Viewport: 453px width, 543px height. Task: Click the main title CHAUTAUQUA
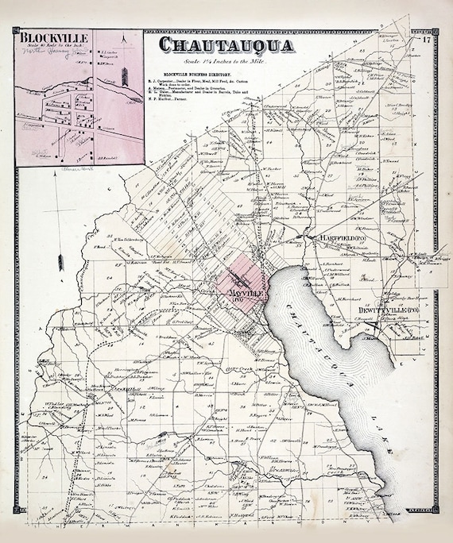(x=226, y=45)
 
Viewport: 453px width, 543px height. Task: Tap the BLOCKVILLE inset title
(x=52, y=37)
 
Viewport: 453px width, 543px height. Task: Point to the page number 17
(x=427, y=39)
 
